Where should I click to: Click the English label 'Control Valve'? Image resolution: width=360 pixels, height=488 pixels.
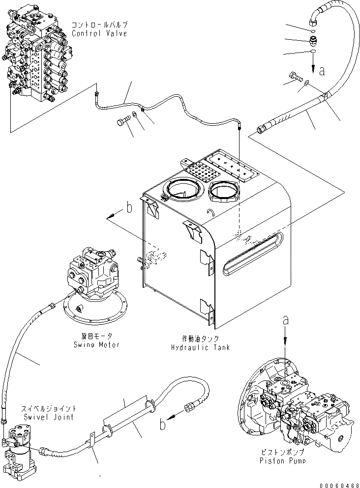(99, 33)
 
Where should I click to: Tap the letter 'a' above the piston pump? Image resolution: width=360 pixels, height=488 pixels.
(286, 320)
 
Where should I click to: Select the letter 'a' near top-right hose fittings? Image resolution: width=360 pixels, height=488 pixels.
(322, 71)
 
